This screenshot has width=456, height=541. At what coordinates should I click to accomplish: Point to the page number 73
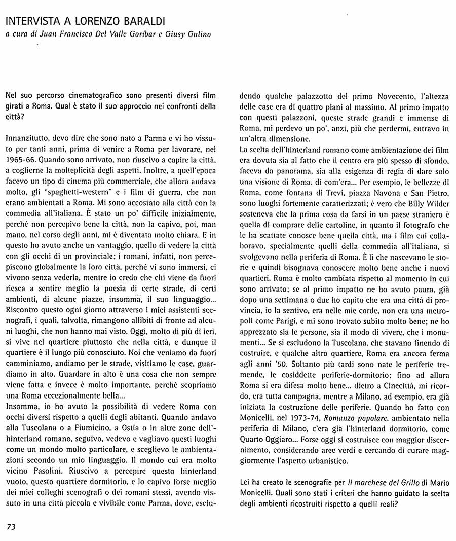point(12,527)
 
